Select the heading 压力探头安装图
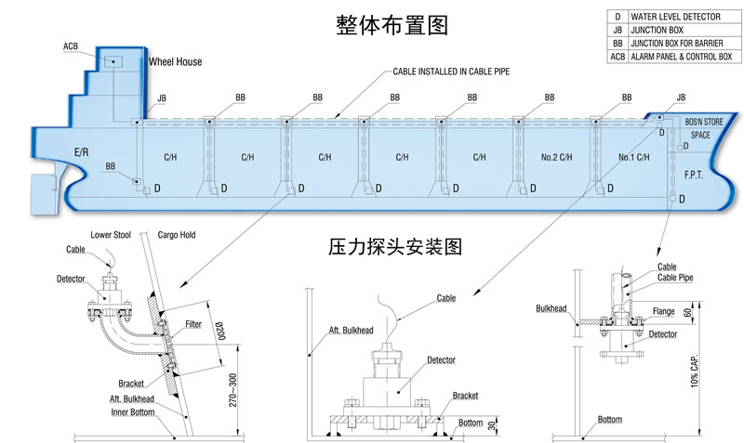396,247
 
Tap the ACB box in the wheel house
113,61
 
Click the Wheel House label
176,62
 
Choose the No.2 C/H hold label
554,157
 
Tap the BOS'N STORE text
703,123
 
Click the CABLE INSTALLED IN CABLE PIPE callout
451,72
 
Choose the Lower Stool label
108,234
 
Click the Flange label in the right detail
662,311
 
